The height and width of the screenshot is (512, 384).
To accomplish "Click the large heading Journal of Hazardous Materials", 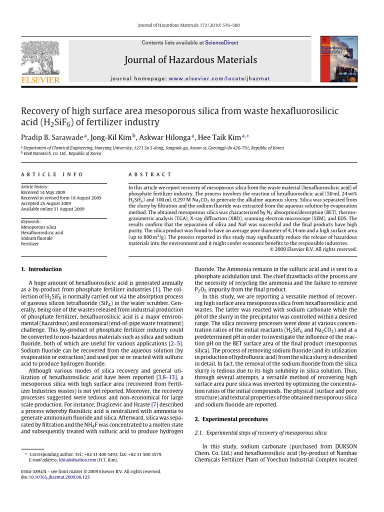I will click(x=192, y=60).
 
